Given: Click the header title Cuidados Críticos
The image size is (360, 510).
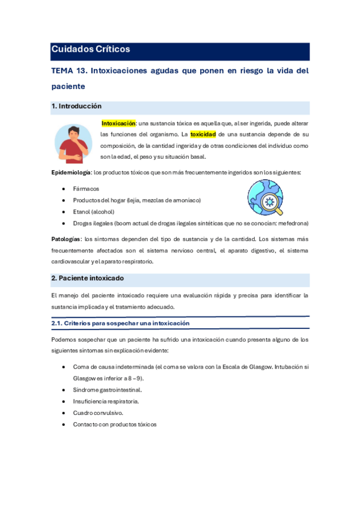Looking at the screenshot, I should click(91, 49).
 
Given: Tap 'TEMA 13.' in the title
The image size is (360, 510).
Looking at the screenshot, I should click(69, 70).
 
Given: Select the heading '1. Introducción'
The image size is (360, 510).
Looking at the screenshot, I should click(77, 106).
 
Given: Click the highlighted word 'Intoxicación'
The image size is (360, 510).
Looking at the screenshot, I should click(118, 123).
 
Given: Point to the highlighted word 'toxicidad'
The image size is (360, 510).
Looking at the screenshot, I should click(203, 134).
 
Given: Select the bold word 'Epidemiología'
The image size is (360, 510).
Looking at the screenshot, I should click(71, 173).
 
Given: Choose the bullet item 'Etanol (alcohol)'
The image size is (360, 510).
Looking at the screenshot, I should click(94, 212).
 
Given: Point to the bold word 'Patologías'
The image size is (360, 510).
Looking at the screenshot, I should click(66, 239).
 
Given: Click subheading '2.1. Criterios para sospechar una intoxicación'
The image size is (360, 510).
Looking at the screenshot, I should click(121, 323).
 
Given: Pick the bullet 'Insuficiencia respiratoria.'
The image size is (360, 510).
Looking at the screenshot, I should click(106, 401).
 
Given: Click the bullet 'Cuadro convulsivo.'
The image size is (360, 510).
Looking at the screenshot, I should click(98, 413).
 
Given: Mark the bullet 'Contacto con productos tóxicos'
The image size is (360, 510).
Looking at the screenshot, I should click(115, 424).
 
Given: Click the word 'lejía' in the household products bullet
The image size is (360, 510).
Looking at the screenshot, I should click(129, 200).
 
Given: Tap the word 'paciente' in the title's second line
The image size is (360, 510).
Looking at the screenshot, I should click(71, 87).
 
